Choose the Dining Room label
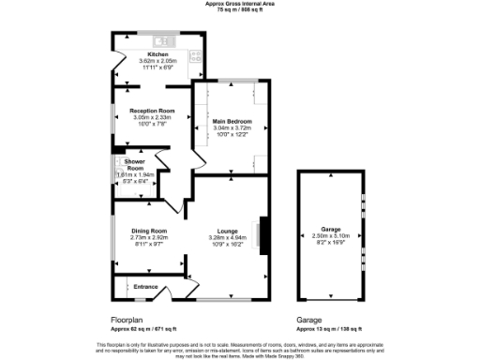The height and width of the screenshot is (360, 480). (148, 231)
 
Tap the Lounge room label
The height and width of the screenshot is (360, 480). (226, 231)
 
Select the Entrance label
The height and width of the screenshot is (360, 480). (145, 286)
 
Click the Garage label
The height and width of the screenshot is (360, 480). (329, 229)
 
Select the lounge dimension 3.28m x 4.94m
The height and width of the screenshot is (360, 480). (226, 237)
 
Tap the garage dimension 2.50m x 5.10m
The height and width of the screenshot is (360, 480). (329, 235)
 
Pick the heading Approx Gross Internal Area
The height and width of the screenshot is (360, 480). (239, 4)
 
